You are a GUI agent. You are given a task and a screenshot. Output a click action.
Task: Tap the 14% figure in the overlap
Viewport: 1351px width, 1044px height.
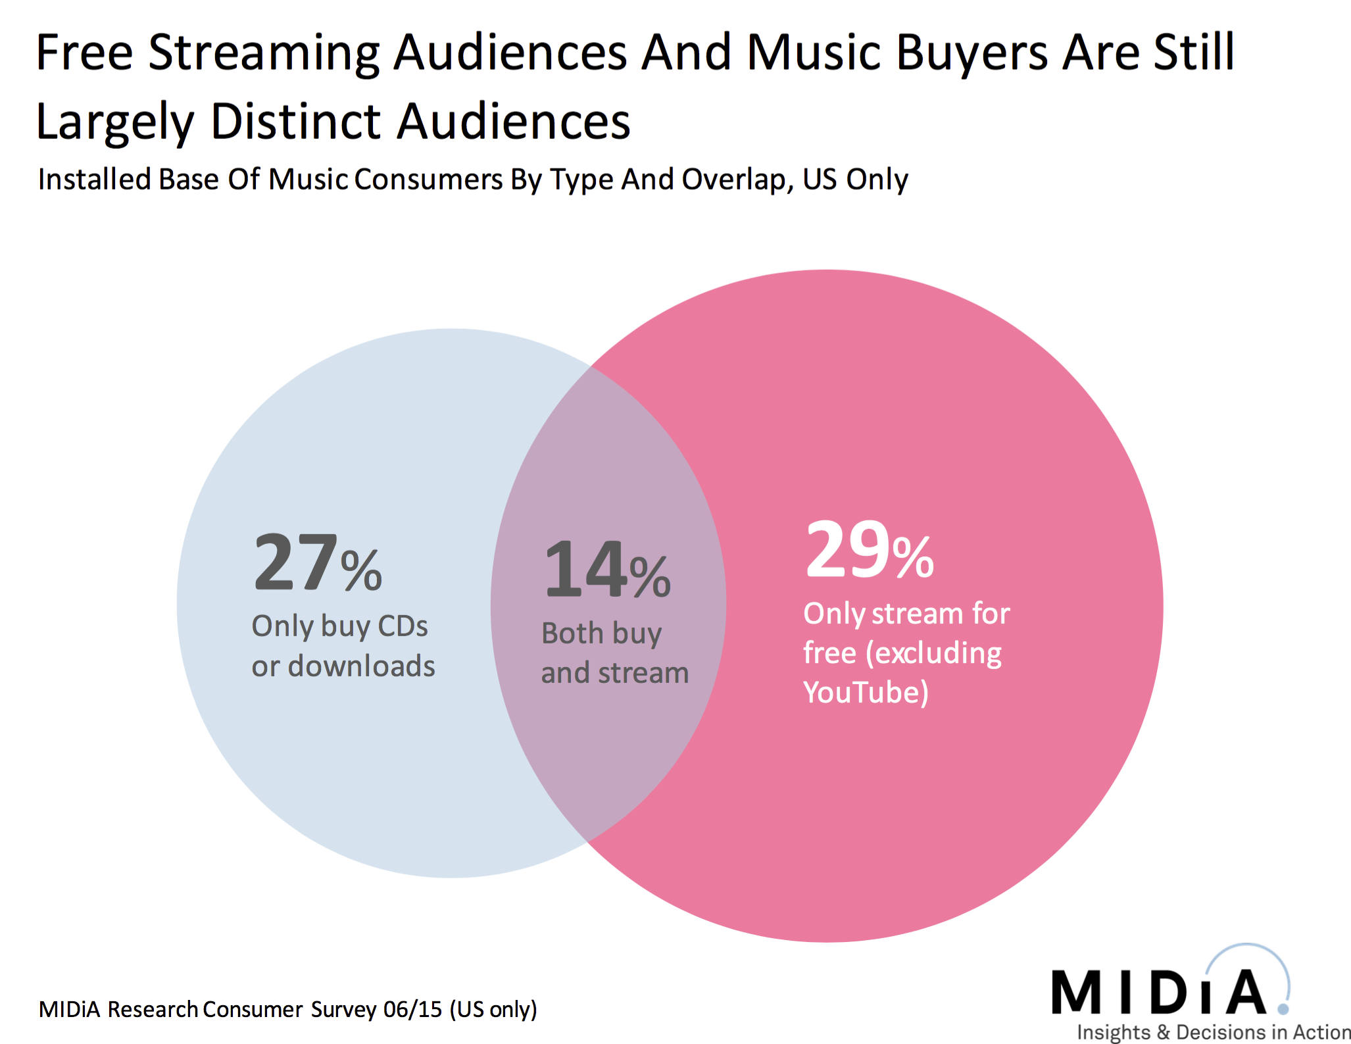click(x=607, y=569)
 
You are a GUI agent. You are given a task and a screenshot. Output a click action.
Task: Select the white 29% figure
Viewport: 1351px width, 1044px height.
click(x=869, y=550)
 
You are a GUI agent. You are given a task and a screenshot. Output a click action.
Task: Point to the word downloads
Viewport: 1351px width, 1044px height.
click(x=361, y=666)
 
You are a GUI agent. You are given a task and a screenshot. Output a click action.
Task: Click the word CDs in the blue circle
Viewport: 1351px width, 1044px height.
click(x=403, y=626)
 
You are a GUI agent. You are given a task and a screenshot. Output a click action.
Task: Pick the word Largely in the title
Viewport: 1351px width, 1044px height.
click(x=115, y=123)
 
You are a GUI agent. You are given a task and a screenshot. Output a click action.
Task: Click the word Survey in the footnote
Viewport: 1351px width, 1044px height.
click(x=343, y=1009)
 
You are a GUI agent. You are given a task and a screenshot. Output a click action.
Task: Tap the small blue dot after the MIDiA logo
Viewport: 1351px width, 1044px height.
click(x=1283, y=1008)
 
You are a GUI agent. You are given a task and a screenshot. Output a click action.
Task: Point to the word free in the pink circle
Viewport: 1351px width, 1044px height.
click(x=829, y=653)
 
